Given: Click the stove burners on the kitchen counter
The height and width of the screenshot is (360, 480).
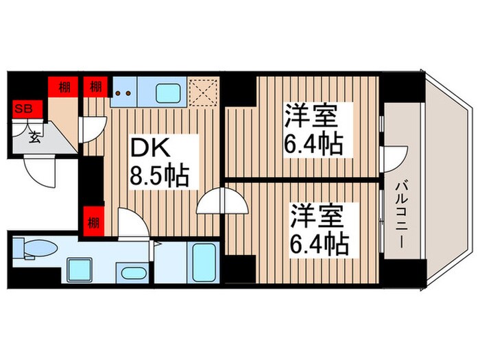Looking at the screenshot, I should (x=124, y=93).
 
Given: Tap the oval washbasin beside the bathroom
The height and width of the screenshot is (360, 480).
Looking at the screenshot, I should (x=132, y=274).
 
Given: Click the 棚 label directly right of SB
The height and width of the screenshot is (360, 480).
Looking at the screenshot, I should (x=63, y=87).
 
